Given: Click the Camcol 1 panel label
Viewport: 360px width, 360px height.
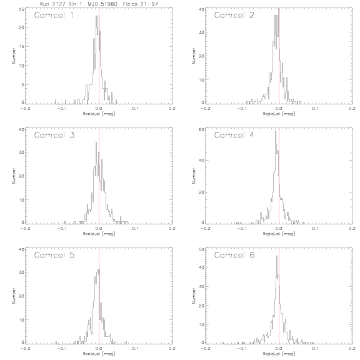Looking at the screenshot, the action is tap(54, 15).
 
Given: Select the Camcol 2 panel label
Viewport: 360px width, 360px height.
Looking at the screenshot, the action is tap(234, 15).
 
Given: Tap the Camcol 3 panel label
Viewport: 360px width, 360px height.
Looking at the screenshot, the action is tap(54, 135).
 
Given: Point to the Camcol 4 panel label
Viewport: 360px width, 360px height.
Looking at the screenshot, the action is tap(234, 135).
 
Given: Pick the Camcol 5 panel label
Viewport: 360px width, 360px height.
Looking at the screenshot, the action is tap(54, 255).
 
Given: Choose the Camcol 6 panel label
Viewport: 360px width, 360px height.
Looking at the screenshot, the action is tap(234, 255).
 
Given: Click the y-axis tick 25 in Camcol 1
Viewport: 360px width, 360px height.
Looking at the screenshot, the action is tap(22, 9).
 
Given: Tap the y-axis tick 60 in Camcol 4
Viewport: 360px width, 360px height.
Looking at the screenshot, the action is tap(202, 129).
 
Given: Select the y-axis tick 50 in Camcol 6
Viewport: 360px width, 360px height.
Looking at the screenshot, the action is tap(202, 249).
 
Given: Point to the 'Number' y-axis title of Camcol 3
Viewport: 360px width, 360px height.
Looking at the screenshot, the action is tap(14, 176).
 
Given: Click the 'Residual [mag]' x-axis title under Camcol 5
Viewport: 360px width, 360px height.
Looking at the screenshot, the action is tap(99, 354).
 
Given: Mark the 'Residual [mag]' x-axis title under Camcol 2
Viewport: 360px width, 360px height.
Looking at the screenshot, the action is tap(279, 114).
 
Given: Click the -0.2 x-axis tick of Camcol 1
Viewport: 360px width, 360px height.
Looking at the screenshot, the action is tap(26, 108).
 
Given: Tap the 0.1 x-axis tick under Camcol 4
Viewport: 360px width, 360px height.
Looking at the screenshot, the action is tap(316, 229).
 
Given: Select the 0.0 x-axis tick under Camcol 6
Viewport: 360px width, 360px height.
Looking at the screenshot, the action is tap(279, 349).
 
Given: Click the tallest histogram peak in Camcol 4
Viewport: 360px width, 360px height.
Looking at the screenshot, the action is tap(276, 131).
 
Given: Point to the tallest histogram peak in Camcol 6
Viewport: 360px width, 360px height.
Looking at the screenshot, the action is tap(277, 256).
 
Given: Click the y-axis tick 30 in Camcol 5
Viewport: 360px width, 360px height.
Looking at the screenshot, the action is tap(22, 272).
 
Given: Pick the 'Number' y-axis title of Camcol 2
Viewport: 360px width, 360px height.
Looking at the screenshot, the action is tap(194, 56).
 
